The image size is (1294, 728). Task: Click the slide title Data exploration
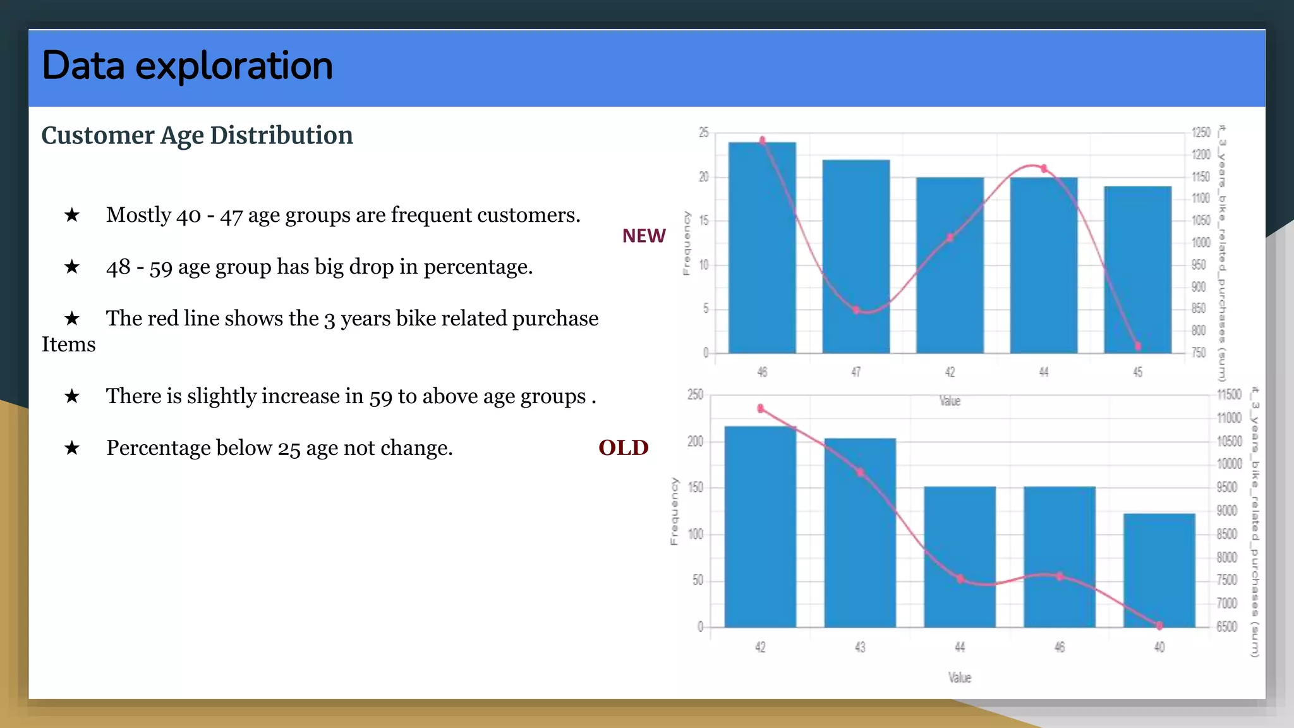click(187, 66)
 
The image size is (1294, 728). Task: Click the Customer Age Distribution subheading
click(197, 136)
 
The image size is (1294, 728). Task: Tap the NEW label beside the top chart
click(643, 236)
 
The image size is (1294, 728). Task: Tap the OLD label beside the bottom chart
click(623, 447)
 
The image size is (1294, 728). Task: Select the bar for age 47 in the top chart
click(856, 256)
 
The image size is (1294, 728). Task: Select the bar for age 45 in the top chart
click(1137, 269)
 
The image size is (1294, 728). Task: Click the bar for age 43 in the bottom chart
click(859, 532)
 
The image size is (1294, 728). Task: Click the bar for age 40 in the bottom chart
click(1159, 570)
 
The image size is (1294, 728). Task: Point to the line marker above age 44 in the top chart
click(1044, 169)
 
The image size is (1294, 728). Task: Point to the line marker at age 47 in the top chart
click(856, 310)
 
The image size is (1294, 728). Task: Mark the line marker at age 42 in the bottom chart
click(761, 409)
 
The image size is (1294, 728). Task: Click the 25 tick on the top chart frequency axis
click(703, 133)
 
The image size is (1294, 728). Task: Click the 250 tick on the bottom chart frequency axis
click(695, 395)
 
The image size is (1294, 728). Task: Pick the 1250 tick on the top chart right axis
click(1200, 133)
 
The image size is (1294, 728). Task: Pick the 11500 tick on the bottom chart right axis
click(1229, 395)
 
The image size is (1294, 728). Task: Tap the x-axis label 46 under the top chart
click(762, 372)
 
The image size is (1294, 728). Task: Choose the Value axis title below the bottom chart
click(959, 677)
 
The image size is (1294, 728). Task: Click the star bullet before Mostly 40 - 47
click(72, 215)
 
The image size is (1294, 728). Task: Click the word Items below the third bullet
click(68, 344)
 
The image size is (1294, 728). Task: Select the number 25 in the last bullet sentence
click(289, 449)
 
